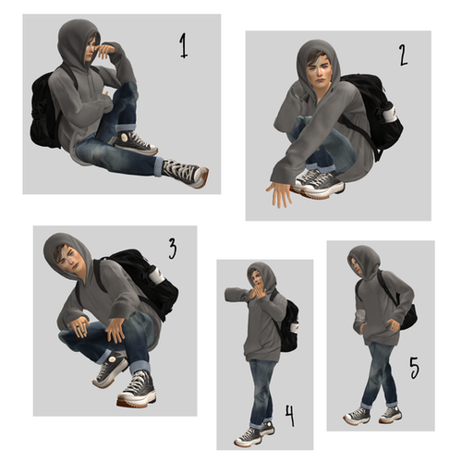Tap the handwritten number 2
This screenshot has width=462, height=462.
pyautogui.click(x=403, y=56)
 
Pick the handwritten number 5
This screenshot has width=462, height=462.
pyautogui.click(x=414, y=370)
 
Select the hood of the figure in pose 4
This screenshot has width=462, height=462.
pyautogui.click(x=264, y=274)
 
